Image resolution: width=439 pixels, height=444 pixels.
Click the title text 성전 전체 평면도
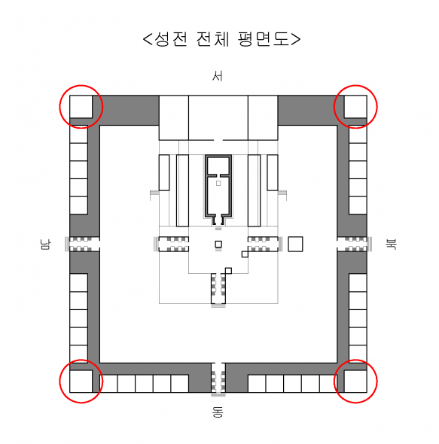(221, 39)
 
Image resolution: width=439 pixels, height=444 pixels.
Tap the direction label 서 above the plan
(218, 76)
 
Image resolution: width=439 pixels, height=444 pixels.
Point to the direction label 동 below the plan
(218, 412)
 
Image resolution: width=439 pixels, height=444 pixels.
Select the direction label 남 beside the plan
(45, 245)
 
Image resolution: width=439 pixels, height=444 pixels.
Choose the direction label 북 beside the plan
(392, 244)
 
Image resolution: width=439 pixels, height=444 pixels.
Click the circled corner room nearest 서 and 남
(81, 106)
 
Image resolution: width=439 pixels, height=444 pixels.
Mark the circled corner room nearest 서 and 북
(355, 106)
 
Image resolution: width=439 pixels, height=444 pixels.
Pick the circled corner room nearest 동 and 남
(81, 381)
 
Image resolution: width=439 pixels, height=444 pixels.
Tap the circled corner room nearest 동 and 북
(355, 381)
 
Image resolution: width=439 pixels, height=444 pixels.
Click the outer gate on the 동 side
(218, 378)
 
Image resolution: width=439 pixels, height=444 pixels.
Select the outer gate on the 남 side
(83, 244)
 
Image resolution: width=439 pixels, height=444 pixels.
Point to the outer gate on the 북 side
(354, 244)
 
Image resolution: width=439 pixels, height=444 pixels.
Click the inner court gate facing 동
(218, 290)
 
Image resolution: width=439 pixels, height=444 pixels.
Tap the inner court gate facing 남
(172, 244)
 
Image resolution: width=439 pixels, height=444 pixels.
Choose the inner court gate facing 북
(265, 244)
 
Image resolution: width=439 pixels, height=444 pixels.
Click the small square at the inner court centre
(218, 244)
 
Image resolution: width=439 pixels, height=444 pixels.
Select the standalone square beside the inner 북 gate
(295, 244)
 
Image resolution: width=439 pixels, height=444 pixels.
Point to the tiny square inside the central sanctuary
(218, 183)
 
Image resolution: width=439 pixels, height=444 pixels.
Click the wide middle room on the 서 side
(218, 118)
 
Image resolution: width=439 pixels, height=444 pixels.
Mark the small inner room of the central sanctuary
(218, 166)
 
